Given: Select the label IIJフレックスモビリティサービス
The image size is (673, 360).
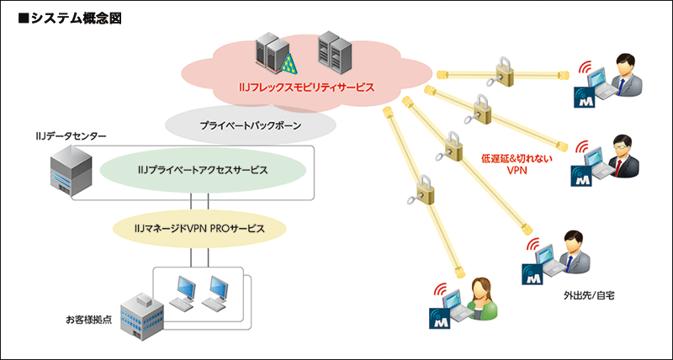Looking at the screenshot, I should (x=305, y=87).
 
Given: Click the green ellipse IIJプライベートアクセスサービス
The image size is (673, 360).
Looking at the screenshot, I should (x=202, y=169).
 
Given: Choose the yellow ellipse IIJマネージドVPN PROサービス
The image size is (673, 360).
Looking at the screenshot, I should (x=199, y=228).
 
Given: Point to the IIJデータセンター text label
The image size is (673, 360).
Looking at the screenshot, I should (x=59, y=135).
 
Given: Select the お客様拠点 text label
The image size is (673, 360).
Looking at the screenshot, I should (x=89, y=320).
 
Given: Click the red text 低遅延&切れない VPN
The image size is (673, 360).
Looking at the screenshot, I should (x=517, y=163).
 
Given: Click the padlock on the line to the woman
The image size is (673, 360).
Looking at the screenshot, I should (x=424, y=193).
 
